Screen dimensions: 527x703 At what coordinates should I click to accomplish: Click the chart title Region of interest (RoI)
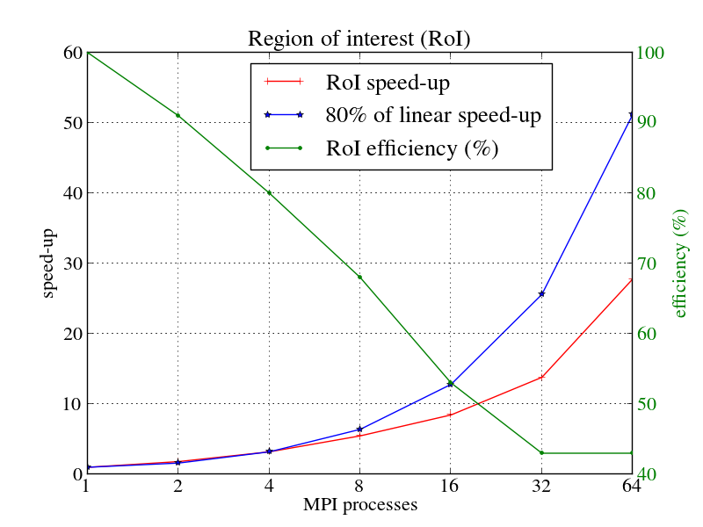[x=359, y=40]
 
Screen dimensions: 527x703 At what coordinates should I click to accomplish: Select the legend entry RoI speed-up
[x=388, y=83]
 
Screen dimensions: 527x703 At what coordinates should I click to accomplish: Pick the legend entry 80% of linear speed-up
[x=432, y=115]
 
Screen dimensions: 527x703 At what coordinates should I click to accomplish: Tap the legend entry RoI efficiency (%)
[x=412, y=148]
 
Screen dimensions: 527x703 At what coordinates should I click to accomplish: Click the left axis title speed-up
[x=49, y=263]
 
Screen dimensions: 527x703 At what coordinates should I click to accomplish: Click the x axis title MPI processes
[x=359, y=505]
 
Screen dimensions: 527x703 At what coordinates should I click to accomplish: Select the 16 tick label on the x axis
[x=450, y=487]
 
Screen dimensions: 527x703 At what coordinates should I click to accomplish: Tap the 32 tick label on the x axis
[x=541, y=487]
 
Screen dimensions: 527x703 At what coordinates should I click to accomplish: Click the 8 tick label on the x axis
[x=359, y=487]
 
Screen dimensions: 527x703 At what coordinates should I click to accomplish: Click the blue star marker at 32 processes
[x=541, y=294]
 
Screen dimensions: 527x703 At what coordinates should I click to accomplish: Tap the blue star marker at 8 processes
[x=359, y=430]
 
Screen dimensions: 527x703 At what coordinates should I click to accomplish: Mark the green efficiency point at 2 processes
[x=178, y=116]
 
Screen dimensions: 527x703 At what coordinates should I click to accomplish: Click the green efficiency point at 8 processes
[x=359, y=278]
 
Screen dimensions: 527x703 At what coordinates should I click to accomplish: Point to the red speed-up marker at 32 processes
[x=541, y=378]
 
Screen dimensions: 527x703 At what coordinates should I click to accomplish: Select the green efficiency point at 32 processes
[x=541, y=453]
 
